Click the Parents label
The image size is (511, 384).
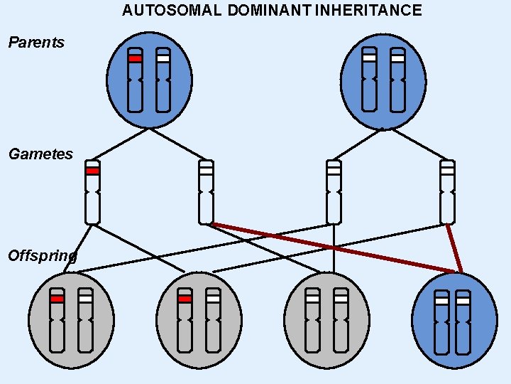click(36, 43)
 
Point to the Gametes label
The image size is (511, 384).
click(40, 154)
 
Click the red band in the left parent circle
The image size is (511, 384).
click(135, 58)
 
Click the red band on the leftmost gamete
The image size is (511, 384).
click(92, 171)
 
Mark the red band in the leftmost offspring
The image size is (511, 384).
click(57, 299)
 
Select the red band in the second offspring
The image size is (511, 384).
click(185, 299)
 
